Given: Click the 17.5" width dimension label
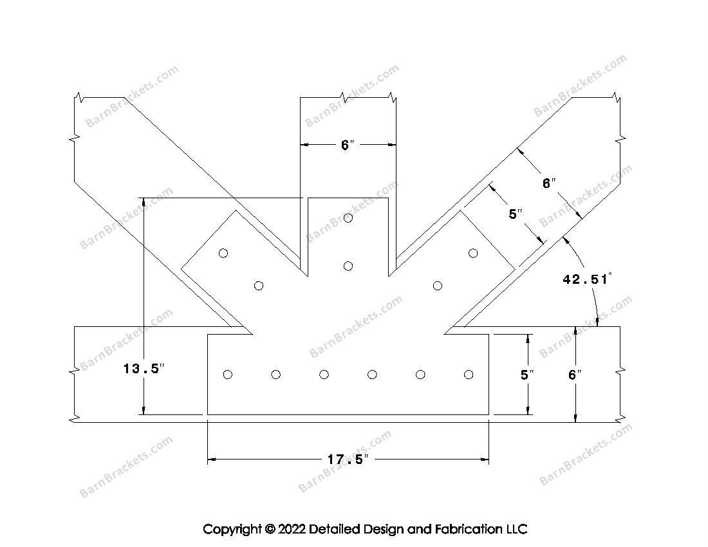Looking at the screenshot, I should click(348, 459).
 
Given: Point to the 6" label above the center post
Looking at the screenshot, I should click(348, 145).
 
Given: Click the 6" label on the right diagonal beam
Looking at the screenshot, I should click(548, 183).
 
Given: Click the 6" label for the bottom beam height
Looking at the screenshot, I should click(575, 375).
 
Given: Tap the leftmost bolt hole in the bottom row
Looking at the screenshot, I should click(227, 375).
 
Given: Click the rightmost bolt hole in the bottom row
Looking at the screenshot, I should click(469, 375).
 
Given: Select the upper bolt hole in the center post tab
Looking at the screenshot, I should click(348, 218).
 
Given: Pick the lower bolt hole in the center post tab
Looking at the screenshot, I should click(348, 266).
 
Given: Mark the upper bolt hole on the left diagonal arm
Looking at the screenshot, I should click(223, 253).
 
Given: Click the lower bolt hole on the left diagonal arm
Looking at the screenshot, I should click(259, 286).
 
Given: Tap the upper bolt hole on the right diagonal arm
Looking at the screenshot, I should click(473, 253).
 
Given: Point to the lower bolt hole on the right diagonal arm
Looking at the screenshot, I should click(438, 286).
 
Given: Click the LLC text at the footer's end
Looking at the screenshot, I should click(516, 530).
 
